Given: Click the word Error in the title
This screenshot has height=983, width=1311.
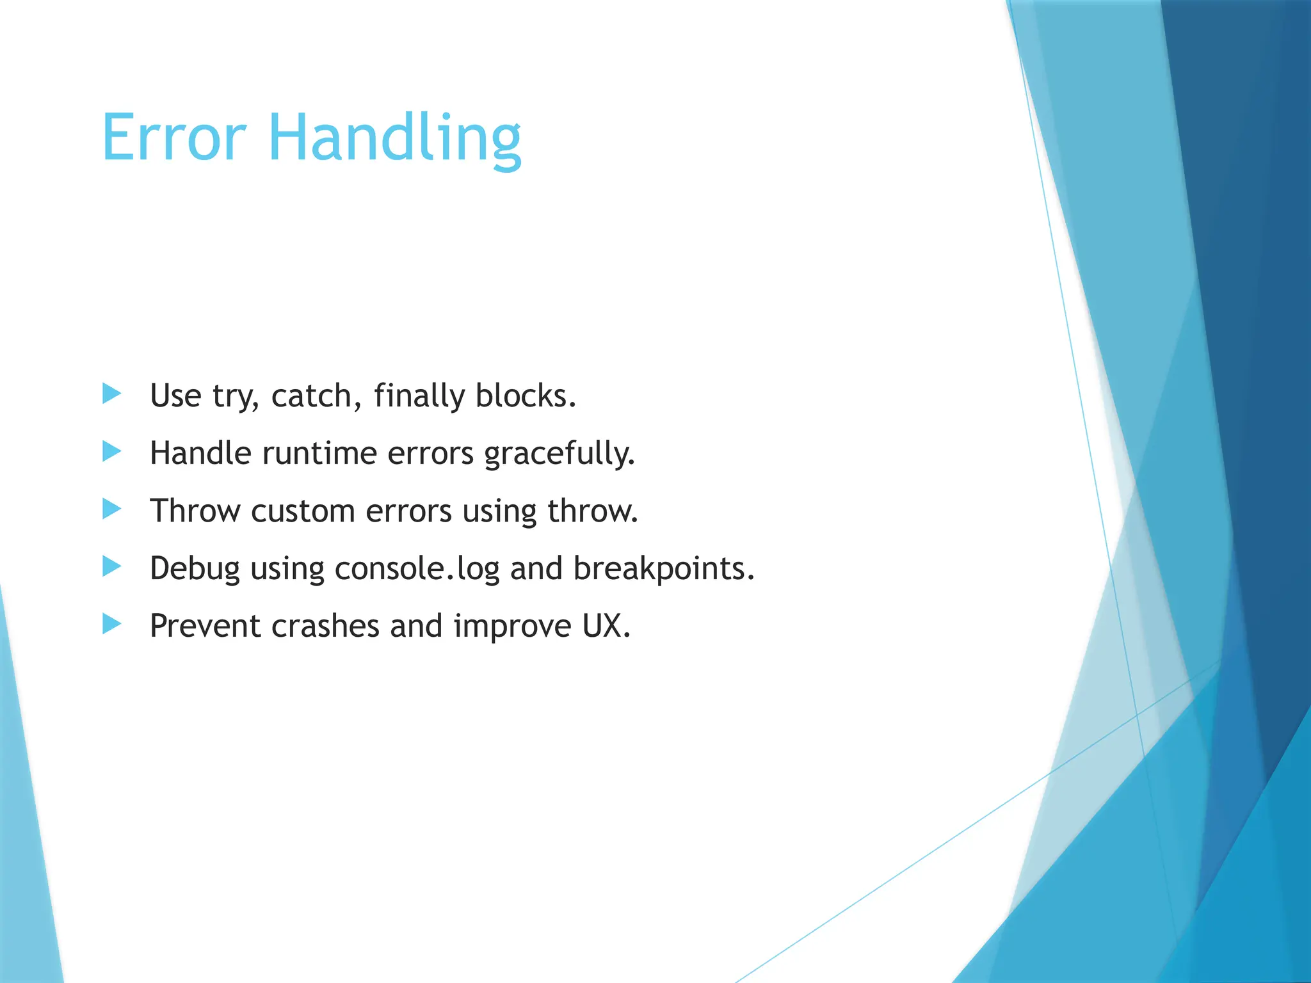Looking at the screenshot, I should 173,138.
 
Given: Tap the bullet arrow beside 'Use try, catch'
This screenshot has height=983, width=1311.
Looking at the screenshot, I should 111,394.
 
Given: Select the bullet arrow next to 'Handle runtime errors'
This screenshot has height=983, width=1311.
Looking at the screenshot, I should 111,452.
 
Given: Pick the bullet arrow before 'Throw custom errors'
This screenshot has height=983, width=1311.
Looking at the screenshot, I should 111,509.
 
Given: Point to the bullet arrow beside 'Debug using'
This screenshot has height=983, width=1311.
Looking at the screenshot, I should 111,566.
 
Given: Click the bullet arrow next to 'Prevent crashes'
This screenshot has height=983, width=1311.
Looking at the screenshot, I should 111,624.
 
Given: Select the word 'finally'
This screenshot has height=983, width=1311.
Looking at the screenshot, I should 419,396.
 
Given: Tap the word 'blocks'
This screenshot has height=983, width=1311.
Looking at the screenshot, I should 525,396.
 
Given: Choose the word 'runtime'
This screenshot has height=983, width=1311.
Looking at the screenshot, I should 319,454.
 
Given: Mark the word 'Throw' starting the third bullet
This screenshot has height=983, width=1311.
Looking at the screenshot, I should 195,511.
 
